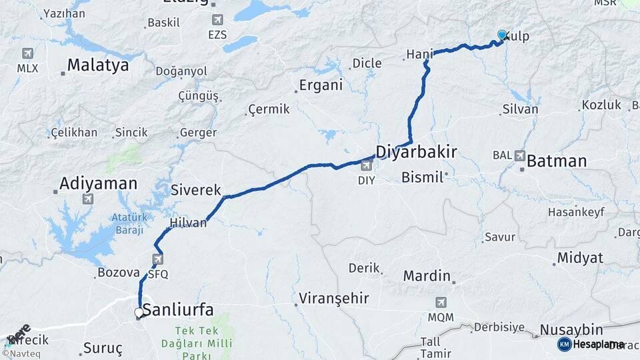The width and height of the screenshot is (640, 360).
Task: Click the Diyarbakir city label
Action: click(416, 152)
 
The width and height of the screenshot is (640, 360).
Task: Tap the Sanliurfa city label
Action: click(178, 309)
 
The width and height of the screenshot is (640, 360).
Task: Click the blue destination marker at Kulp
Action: click(502, 35)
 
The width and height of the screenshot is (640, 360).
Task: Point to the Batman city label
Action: click(557, 161)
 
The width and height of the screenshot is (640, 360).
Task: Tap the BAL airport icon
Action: click(520, 155)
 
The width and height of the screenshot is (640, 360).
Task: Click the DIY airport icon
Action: click(366, 165)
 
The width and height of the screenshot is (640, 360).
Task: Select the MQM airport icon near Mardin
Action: click(441, 302)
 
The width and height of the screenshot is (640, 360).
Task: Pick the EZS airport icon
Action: click(217, 20)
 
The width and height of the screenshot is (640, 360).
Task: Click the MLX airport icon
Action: click(27, 53)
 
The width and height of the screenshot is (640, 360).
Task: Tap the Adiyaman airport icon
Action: click(87, 199)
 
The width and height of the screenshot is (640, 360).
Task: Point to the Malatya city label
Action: click(97, 65)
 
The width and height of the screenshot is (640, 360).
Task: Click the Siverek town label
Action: click(195, 190)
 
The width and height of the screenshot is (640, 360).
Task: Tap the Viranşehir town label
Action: click(334, 298)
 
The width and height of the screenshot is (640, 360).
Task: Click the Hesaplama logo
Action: click(591, 344)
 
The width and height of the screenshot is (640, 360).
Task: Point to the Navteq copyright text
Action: click(22, 354)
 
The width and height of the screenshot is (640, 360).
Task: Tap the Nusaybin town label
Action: click(571, 330)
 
